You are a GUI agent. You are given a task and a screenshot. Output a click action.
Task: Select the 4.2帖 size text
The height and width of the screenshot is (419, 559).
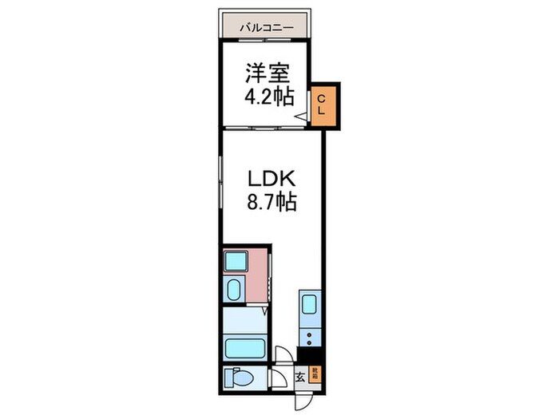click(268, 98)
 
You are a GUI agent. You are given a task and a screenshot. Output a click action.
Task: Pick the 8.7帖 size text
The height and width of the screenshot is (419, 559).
click(271, 203)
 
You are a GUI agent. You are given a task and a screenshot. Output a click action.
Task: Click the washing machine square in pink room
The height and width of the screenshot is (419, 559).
click(236, 261)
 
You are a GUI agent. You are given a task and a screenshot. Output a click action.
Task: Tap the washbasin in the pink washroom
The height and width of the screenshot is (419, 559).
click(234, 289)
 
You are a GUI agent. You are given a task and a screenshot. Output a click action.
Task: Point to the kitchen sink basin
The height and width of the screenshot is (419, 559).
click(309, 304)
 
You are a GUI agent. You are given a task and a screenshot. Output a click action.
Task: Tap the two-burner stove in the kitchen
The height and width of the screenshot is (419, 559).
click(309, 334)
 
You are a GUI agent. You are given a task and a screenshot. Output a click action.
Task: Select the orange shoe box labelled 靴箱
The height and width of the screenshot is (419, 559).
click(315, 373)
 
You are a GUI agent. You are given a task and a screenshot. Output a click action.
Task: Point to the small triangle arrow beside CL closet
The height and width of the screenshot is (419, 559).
click(301, 118)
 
